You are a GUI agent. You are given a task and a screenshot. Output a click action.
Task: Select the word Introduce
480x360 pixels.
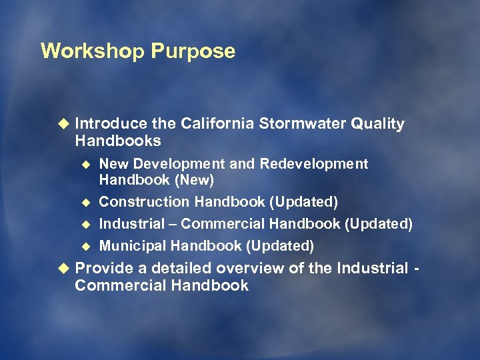(x=111, y=124)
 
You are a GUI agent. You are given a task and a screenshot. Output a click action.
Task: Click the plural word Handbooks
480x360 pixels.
(x=118, y=141)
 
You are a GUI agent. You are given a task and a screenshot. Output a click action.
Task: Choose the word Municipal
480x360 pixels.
(x=133, y=246)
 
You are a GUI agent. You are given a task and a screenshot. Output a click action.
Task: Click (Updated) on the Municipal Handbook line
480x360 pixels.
(x=279, y=246)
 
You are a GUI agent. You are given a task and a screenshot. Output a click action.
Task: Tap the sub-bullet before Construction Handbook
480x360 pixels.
(x=85, y=202)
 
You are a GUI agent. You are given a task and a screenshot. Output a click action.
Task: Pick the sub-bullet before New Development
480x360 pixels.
(x=85, y=164)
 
